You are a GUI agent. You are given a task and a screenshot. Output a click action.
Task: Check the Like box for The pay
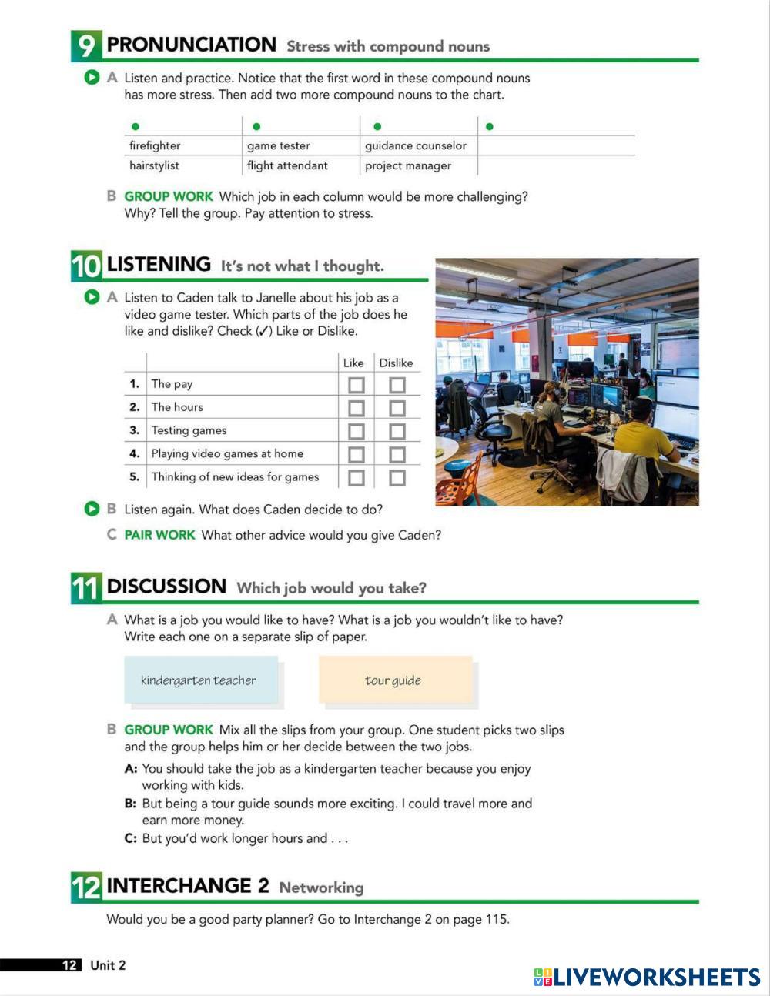pos(356,385)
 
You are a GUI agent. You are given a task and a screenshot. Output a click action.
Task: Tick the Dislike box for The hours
pos(397,408)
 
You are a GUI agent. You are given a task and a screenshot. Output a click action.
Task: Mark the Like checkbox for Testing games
pos(356,431)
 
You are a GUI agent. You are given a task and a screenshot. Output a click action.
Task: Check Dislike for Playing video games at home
pos(397,455)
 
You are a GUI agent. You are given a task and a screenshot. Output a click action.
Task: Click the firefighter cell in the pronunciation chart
pos(155,145)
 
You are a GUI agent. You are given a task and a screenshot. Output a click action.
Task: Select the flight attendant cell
pos(287,165)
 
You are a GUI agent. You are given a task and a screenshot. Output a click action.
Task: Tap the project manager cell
pos(408,165)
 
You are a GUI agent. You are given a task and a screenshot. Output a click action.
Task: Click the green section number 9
pos(85,46)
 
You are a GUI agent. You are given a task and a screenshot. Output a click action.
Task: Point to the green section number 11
pos(85,588)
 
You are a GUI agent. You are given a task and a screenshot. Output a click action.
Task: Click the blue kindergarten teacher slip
pos(200,680)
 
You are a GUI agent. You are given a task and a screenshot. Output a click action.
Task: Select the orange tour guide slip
pos(395,680)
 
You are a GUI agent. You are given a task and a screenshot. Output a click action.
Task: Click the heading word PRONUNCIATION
pos(191,45)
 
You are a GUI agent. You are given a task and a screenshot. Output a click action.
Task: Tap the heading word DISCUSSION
pos(166,587)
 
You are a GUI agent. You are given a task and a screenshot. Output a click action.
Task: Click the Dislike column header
pos(396,363)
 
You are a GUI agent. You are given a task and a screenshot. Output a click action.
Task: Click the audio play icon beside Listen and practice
pos(92,78)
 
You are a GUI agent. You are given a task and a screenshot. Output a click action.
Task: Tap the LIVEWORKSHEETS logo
pos(647,977)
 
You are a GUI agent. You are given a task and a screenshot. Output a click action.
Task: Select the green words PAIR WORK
pos(159,535)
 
